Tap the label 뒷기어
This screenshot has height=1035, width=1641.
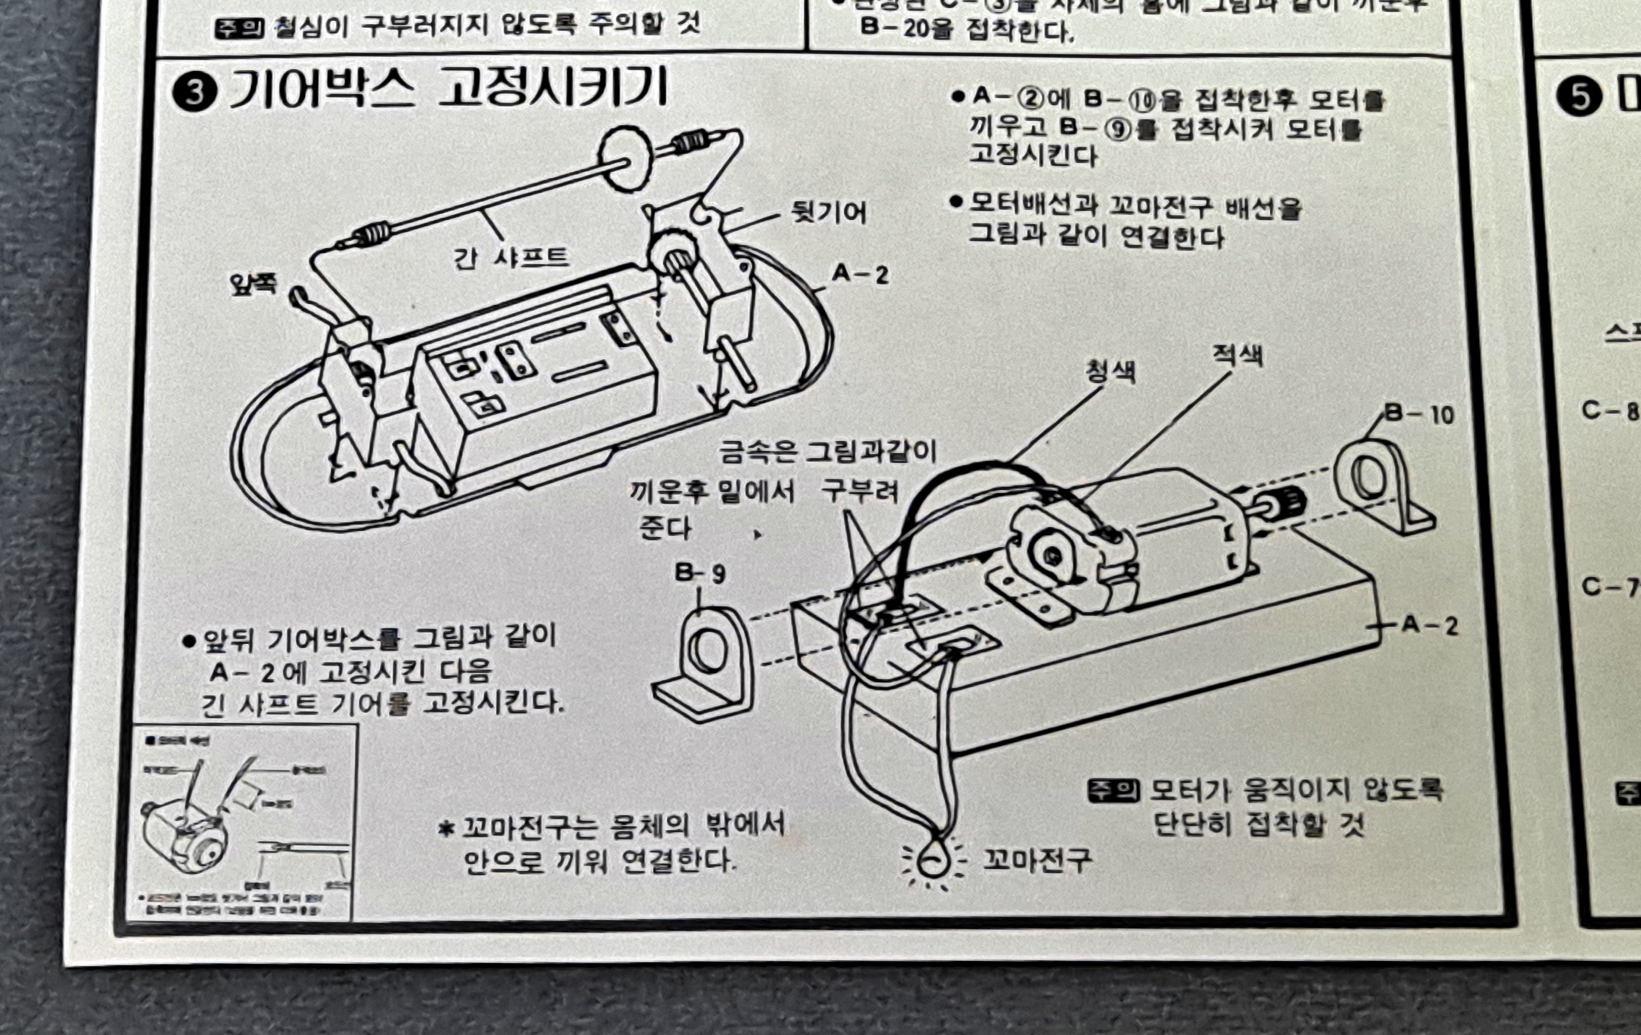pyautogui.click(x=828, y=213)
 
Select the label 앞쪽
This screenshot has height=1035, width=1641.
pyautogui.click(x=253, y=283)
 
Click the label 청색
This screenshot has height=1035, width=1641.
pyautogui.click(x=1110, y=371)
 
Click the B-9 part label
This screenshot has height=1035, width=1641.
pyautogui.click(x=700, y=573)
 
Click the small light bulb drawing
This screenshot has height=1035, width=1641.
pyautogui.click(x=931, y=861)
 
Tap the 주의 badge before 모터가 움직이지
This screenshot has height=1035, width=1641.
pyautogui.click(x=1112, y=790)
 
